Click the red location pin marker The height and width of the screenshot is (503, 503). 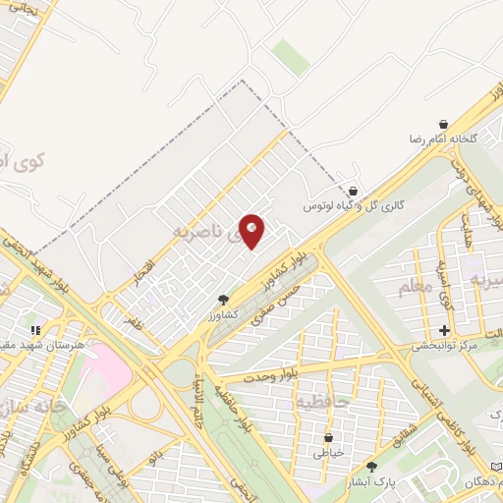click(252, 230)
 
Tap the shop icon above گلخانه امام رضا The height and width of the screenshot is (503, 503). click(444, 124)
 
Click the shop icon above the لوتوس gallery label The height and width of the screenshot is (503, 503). click(353, 191)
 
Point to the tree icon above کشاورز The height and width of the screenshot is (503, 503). click(224, 299)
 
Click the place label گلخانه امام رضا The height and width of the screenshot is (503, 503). click(443, 140)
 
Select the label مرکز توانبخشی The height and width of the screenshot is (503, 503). click(444, 346)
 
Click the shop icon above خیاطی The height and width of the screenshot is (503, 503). click(328, 437)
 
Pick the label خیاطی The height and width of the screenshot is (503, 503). click(328, 453)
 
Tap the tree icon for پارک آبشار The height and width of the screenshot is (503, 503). click(371, 467)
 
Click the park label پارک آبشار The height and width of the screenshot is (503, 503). click(371, 482)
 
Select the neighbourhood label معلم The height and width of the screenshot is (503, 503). click(415, 287)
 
